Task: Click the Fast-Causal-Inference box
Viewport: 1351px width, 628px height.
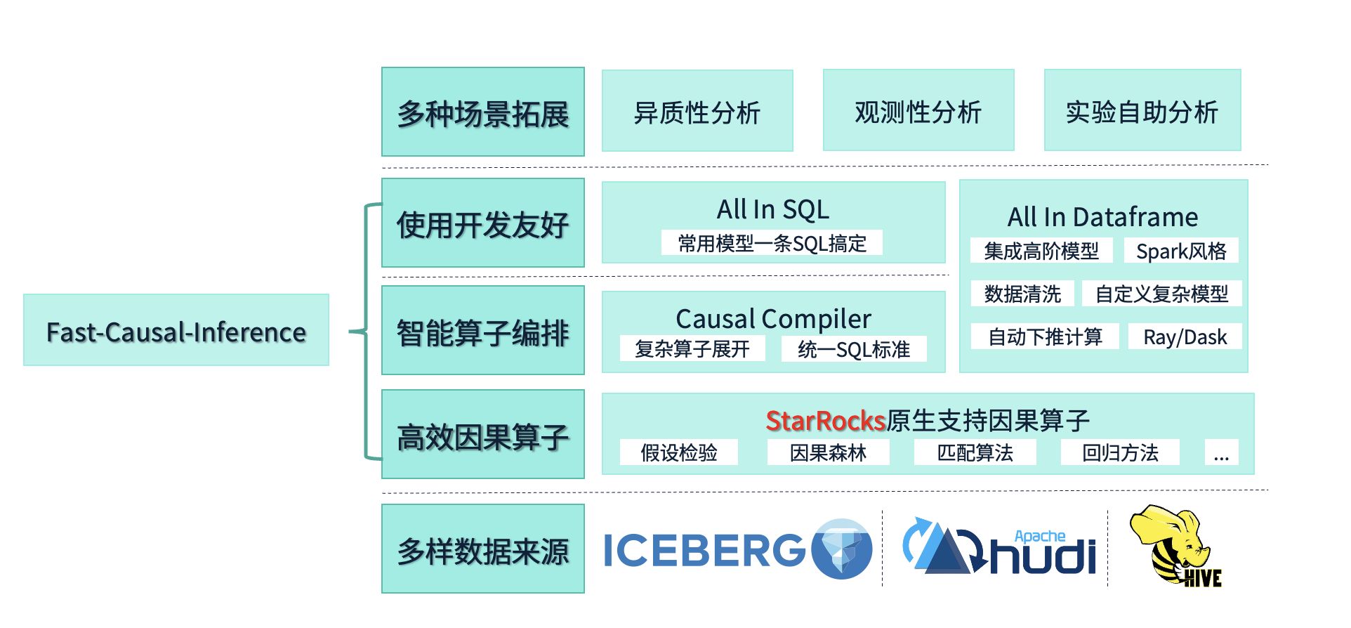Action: click(x=176, y=329)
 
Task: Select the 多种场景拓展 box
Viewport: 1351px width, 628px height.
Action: click(x=483, y=112)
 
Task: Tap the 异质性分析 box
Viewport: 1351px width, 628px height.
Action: click(x=697, y=110)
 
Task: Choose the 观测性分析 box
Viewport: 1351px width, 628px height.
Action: click(x=918, y=110)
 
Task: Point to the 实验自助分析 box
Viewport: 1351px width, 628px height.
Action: click(x=1142, y=110)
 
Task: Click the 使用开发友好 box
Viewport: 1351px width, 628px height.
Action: click(x=483, y=223)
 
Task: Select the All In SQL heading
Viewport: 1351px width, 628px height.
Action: click(x=773, y=209)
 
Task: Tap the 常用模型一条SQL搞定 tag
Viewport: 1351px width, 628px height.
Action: click(x=772, y=243)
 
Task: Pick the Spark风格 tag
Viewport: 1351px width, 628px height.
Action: click(x=1181, y=251)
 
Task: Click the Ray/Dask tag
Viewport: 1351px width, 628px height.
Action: click(x=1185, y=336)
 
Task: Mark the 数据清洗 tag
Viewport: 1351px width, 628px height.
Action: click(x=1022, y=294)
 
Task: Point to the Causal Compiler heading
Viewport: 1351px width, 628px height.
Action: click(x=773, y=319)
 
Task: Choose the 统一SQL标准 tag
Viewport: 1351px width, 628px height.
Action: click(x=854, y=348)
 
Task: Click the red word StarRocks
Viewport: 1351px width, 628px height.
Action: click(x=826, y=421)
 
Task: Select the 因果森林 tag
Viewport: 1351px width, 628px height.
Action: click(x=829, y=452)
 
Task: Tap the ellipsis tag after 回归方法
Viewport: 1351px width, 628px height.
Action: click(x=1221, y=452)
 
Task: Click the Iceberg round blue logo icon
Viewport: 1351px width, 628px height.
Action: click(x=842, y=549)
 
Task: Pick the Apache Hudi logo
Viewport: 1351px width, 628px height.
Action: click(x=999, y=546)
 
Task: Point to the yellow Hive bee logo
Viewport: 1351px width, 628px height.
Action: click(x=1174, y=545)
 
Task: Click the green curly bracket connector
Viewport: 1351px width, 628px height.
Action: click(x=366, y=331)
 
